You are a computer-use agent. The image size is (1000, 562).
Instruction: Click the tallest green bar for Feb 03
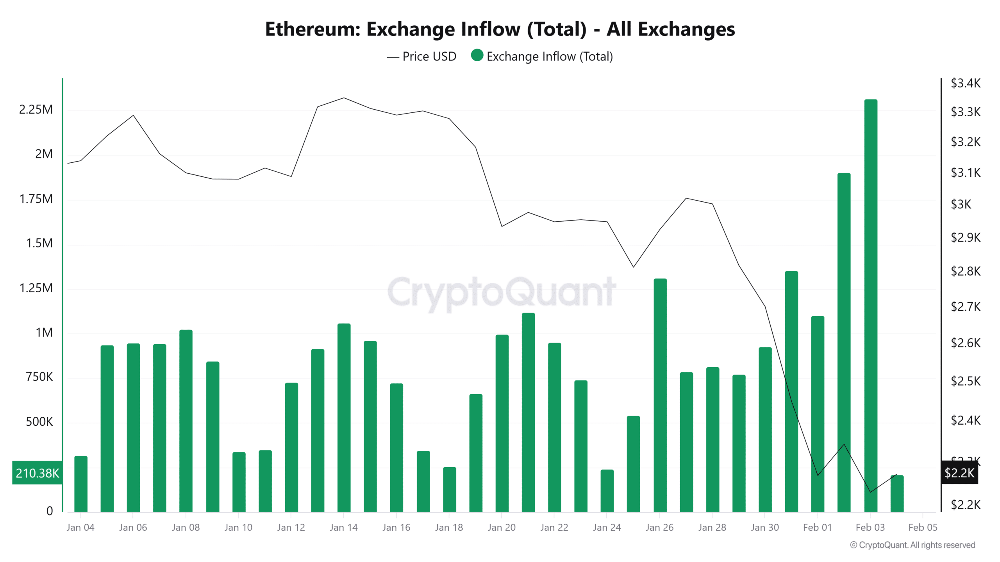click(870, 304)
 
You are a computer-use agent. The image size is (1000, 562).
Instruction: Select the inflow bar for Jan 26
click(660, 394)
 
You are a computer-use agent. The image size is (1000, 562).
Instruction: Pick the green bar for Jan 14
click(344, 418)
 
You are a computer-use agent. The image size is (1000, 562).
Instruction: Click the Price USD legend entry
click(422, 57)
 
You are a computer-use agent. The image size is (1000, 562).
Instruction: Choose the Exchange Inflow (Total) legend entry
click(542, 57)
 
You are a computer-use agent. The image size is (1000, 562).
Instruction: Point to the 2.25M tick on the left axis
click(36, 110)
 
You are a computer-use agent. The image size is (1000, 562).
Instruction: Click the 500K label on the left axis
click(39, 422)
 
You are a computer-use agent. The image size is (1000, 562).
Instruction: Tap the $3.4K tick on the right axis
click(965, 83)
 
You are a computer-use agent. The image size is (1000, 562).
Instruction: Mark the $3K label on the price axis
click(961, 204)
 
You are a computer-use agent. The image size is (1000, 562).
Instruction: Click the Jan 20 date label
click(502, 528)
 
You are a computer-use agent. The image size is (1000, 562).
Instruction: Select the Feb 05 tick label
click(923, 528)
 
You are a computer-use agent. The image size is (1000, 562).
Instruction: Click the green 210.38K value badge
click(37, 473)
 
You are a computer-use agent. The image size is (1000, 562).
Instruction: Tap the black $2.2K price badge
click(959, 473)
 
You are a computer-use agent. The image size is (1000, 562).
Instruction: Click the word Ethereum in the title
click(312, 29)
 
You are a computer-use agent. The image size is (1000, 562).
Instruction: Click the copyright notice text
click(912, 545)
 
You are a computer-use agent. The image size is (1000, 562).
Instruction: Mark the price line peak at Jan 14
click(344, 98)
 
